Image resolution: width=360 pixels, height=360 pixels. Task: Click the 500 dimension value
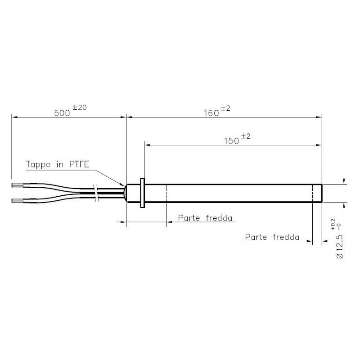tap(63, 113)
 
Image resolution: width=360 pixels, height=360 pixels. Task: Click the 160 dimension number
tap(210, 113)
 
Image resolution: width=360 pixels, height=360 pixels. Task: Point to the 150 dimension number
tap(231, 141)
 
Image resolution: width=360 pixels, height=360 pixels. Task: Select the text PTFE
tap(80, 165)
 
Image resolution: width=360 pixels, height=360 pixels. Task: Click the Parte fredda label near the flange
tap(205, 218)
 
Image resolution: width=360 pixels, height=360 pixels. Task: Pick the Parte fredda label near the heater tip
tap(272, 237)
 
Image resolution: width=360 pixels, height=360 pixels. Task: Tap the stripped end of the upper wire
tap(17, 185)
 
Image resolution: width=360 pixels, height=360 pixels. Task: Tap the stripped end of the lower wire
tap(17, 199)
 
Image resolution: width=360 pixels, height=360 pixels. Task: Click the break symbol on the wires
tap(95, 192)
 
